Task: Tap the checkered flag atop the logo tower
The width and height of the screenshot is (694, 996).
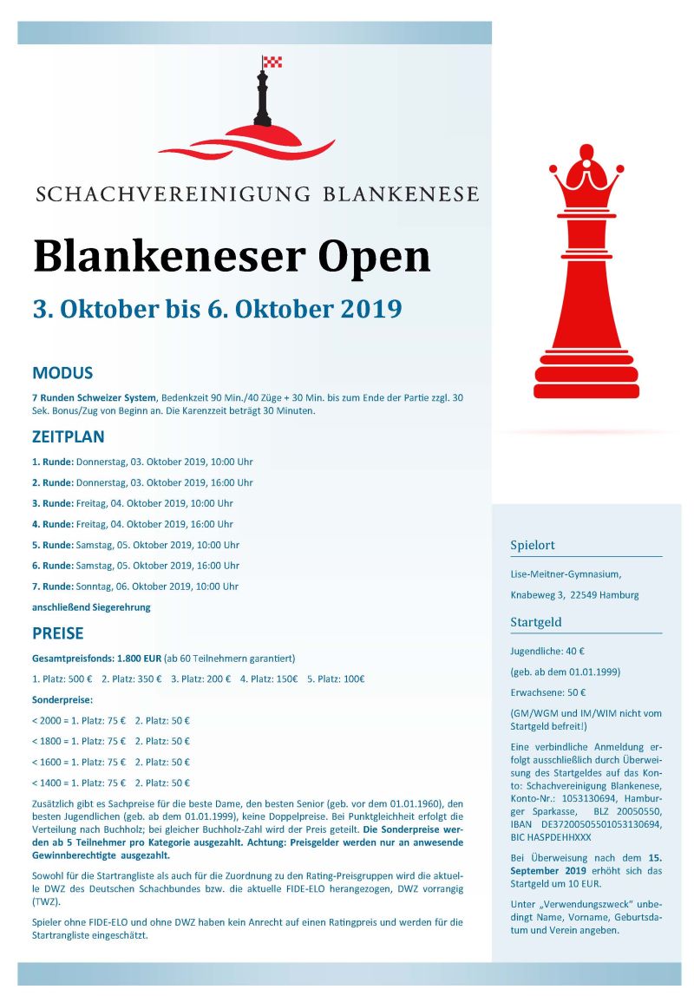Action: [273, 62]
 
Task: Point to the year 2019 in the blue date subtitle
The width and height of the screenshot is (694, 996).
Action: [369, 309]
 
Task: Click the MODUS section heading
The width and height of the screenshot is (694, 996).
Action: [62, 374]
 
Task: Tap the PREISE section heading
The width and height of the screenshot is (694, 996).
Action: [58, 632]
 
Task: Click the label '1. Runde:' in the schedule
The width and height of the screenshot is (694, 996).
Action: [53, 462]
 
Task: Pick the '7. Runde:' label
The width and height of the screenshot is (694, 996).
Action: [53, 586]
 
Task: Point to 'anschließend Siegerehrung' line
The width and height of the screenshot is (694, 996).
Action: [91, 607]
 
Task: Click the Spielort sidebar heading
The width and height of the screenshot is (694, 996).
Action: [533, 546]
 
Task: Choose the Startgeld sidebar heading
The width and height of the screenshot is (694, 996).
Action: [536, 622]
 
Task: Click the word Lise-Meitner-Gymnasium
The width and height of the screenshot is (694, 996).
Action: [565, 573]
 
